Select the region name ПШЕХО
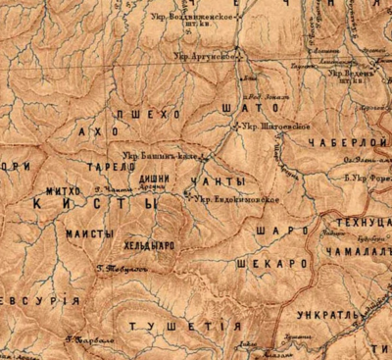coord(148,115)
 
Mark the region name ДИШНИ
coord(166,178)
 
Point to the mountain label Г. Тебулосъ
coord(119,267)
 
